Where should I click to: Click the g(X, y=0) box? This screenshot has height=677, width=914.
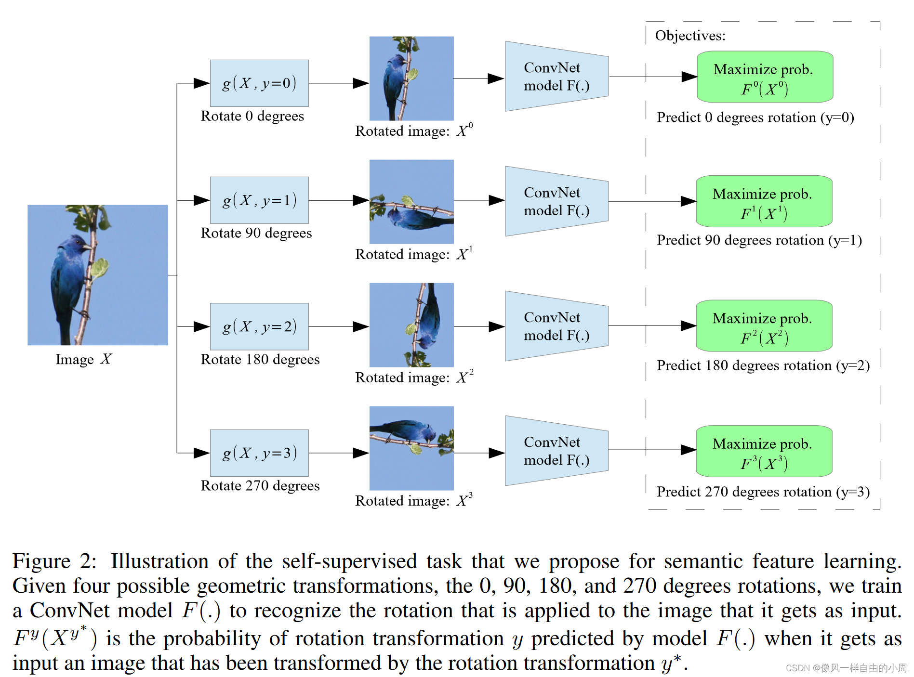pyautogui.click(x=259, y=83)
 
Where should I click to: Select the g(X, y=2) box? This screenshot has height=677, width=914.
pyautogui.click(x=259, y=326)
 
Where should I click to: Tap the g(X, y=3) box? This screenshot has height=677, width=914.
pyautogui.click(x=259, y=453)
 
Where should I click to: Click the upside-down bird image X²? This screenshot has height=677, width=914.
pyautogui.click(x=411, y=325)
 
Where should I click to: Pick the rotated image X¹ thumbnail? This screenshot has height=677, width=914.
pyautogui.click(x=411, y=202)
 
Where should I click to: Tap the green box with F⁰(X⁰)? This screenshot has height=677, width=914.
pyautogui.click(x=765, y=77)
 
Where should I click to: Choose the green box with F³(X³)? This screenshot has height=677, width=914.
pyautogui.click(x=764, y=451)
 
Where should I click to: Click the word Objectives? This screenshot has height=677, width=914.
pyautogui.click(x=689, y=36)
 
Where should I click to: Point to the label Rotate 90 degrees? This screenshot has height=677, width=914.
pyautogui.click(x=256, y=233)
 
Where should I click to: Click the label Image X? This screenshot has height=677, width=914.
pyautogui.click(x=83, y=359)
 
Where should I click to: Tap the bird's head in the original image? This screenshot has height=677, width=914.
pyautogui.click(x=77, y=243)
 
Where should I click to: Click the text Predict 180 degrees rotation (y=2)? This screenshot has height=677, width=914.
pyautogui.click(x=763, y=365)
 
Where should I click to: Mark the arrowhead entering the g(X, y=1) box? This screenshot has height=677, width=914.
pyautogui.click(x=202, y=200)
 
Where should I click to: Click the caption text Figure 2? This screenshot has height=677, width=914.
pyautogui.click(x=54, y=561)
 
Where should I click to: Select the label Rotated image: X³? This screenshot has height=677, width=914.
pyautogui.click(x=413, y=501)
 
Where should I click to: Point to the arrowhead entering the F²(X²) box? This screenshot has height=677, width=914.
pyautogui.click(x=688, y=326)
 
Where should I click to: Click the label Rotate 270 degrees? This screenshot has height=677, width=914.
pyautogui.click(x=260, y=486)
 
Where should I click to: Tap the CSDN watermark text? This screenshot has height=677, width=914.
pyautogui.click(x=846, y=668)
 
